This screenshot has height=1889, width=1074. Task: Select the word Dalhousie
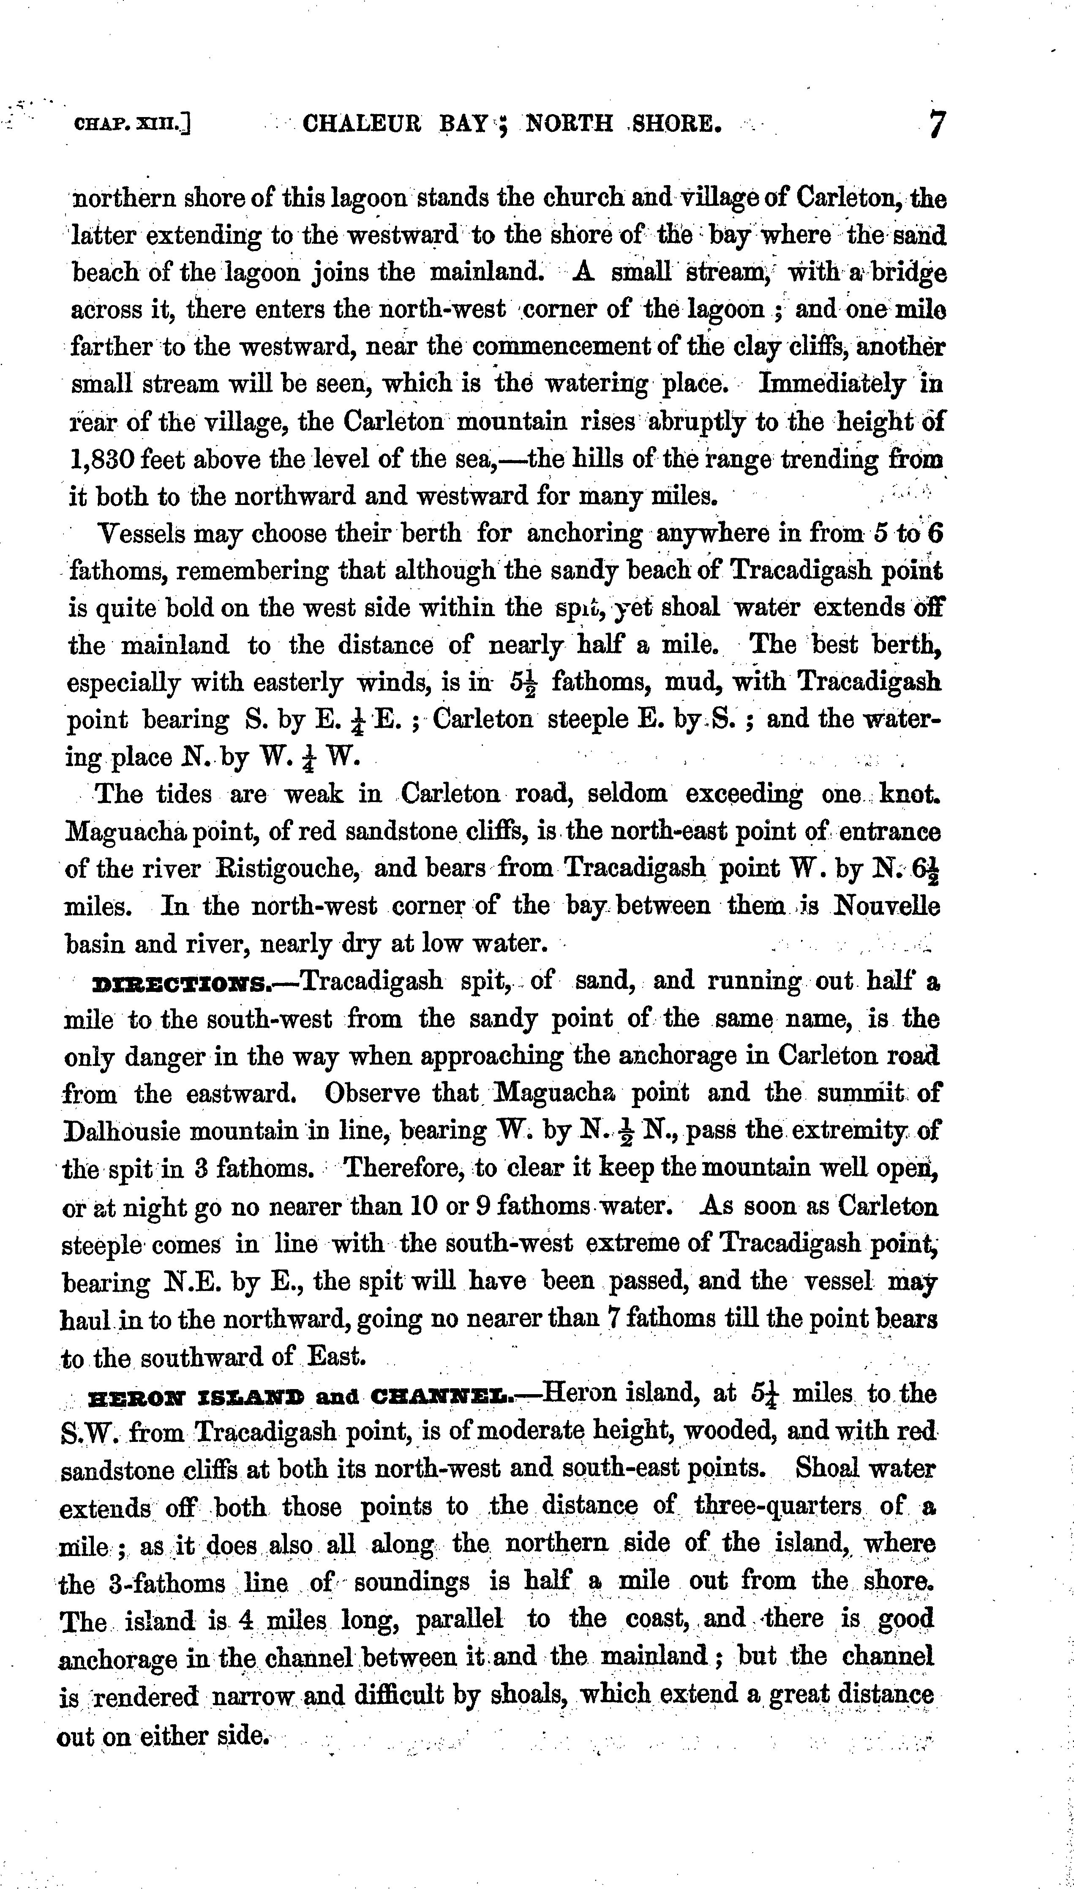[x=129, y=1131]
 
